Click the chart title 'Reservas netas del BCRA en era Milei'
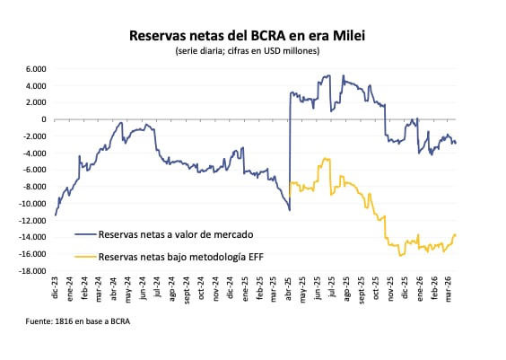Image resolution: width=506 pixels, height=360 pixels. click(x=253, y=35)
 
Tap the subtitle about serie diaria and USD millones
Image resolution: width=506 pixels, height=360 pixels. click(x=253, y=51)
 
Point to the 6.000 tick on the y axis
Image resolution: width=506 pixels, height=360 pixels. click(x=35, y=68)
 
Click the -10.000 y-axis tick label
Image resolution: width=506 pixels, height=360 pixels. click(x=32, y=204)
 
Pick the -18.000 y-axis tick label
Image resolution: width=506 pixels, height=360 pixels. click(x=32, y=271)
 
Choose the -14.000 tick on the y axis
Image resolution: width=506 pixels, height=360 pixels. click(x=32, y=238)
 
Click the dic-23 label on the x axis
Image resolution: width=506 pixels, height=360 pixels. click(x=56, y=288)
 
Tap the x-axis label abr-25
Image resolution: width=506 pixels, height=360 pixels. click(x=290, y=288)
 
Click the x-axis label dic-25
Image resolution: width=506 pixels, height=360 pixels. click(x=406, y=288)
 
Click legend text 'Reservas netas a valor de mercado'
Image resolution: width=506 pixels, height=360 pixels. click(x=174, y=233)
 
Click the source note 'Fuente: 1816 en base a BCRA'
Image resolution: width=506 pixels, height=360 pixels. click(x=71, y=322)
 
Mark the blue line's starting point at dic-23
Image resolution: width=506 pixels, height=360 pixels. click(x=56, y=215)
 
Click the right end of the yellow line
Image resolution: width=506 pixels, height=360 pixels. click(x=456, y=235)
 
